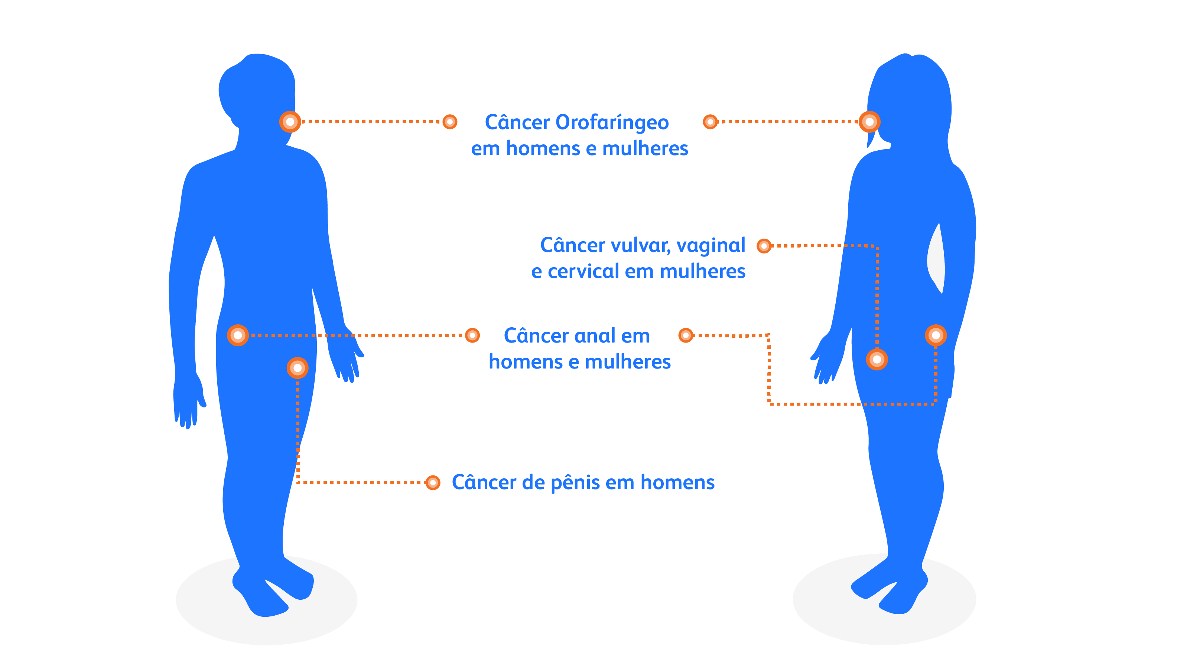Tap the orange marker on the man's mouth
(290, 122)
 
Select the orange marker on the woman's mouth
(869, 122)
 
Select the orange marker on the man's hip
(238, 335)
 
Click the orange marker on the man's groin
(297, 368)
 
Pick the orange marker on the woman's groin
(877, 359)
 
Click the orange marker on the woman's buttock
(936, 335)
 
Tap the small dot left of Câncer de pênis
(432, 483)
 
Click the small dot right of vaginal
(764, 246)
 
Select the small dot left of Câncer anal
(472, 335)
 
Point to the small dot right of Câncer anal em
(685, 335)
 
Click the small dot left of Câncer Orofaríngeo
(450, 122)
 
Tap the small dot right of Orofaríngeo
(710, 122)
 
